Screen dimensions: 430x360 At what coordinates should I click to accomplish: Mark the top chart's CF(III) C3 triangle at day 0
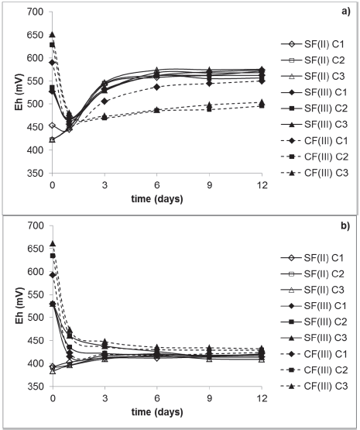pyautogui.click(x=52, y=34)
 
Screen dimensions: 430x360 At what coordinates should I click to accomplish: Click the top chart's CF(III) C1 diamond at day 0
pyautogui.click(x=52, y=63)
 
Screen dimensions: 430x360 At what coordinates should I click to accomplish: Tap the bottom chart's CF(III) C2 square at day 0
pyautogui.click(x=52, y=256)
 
